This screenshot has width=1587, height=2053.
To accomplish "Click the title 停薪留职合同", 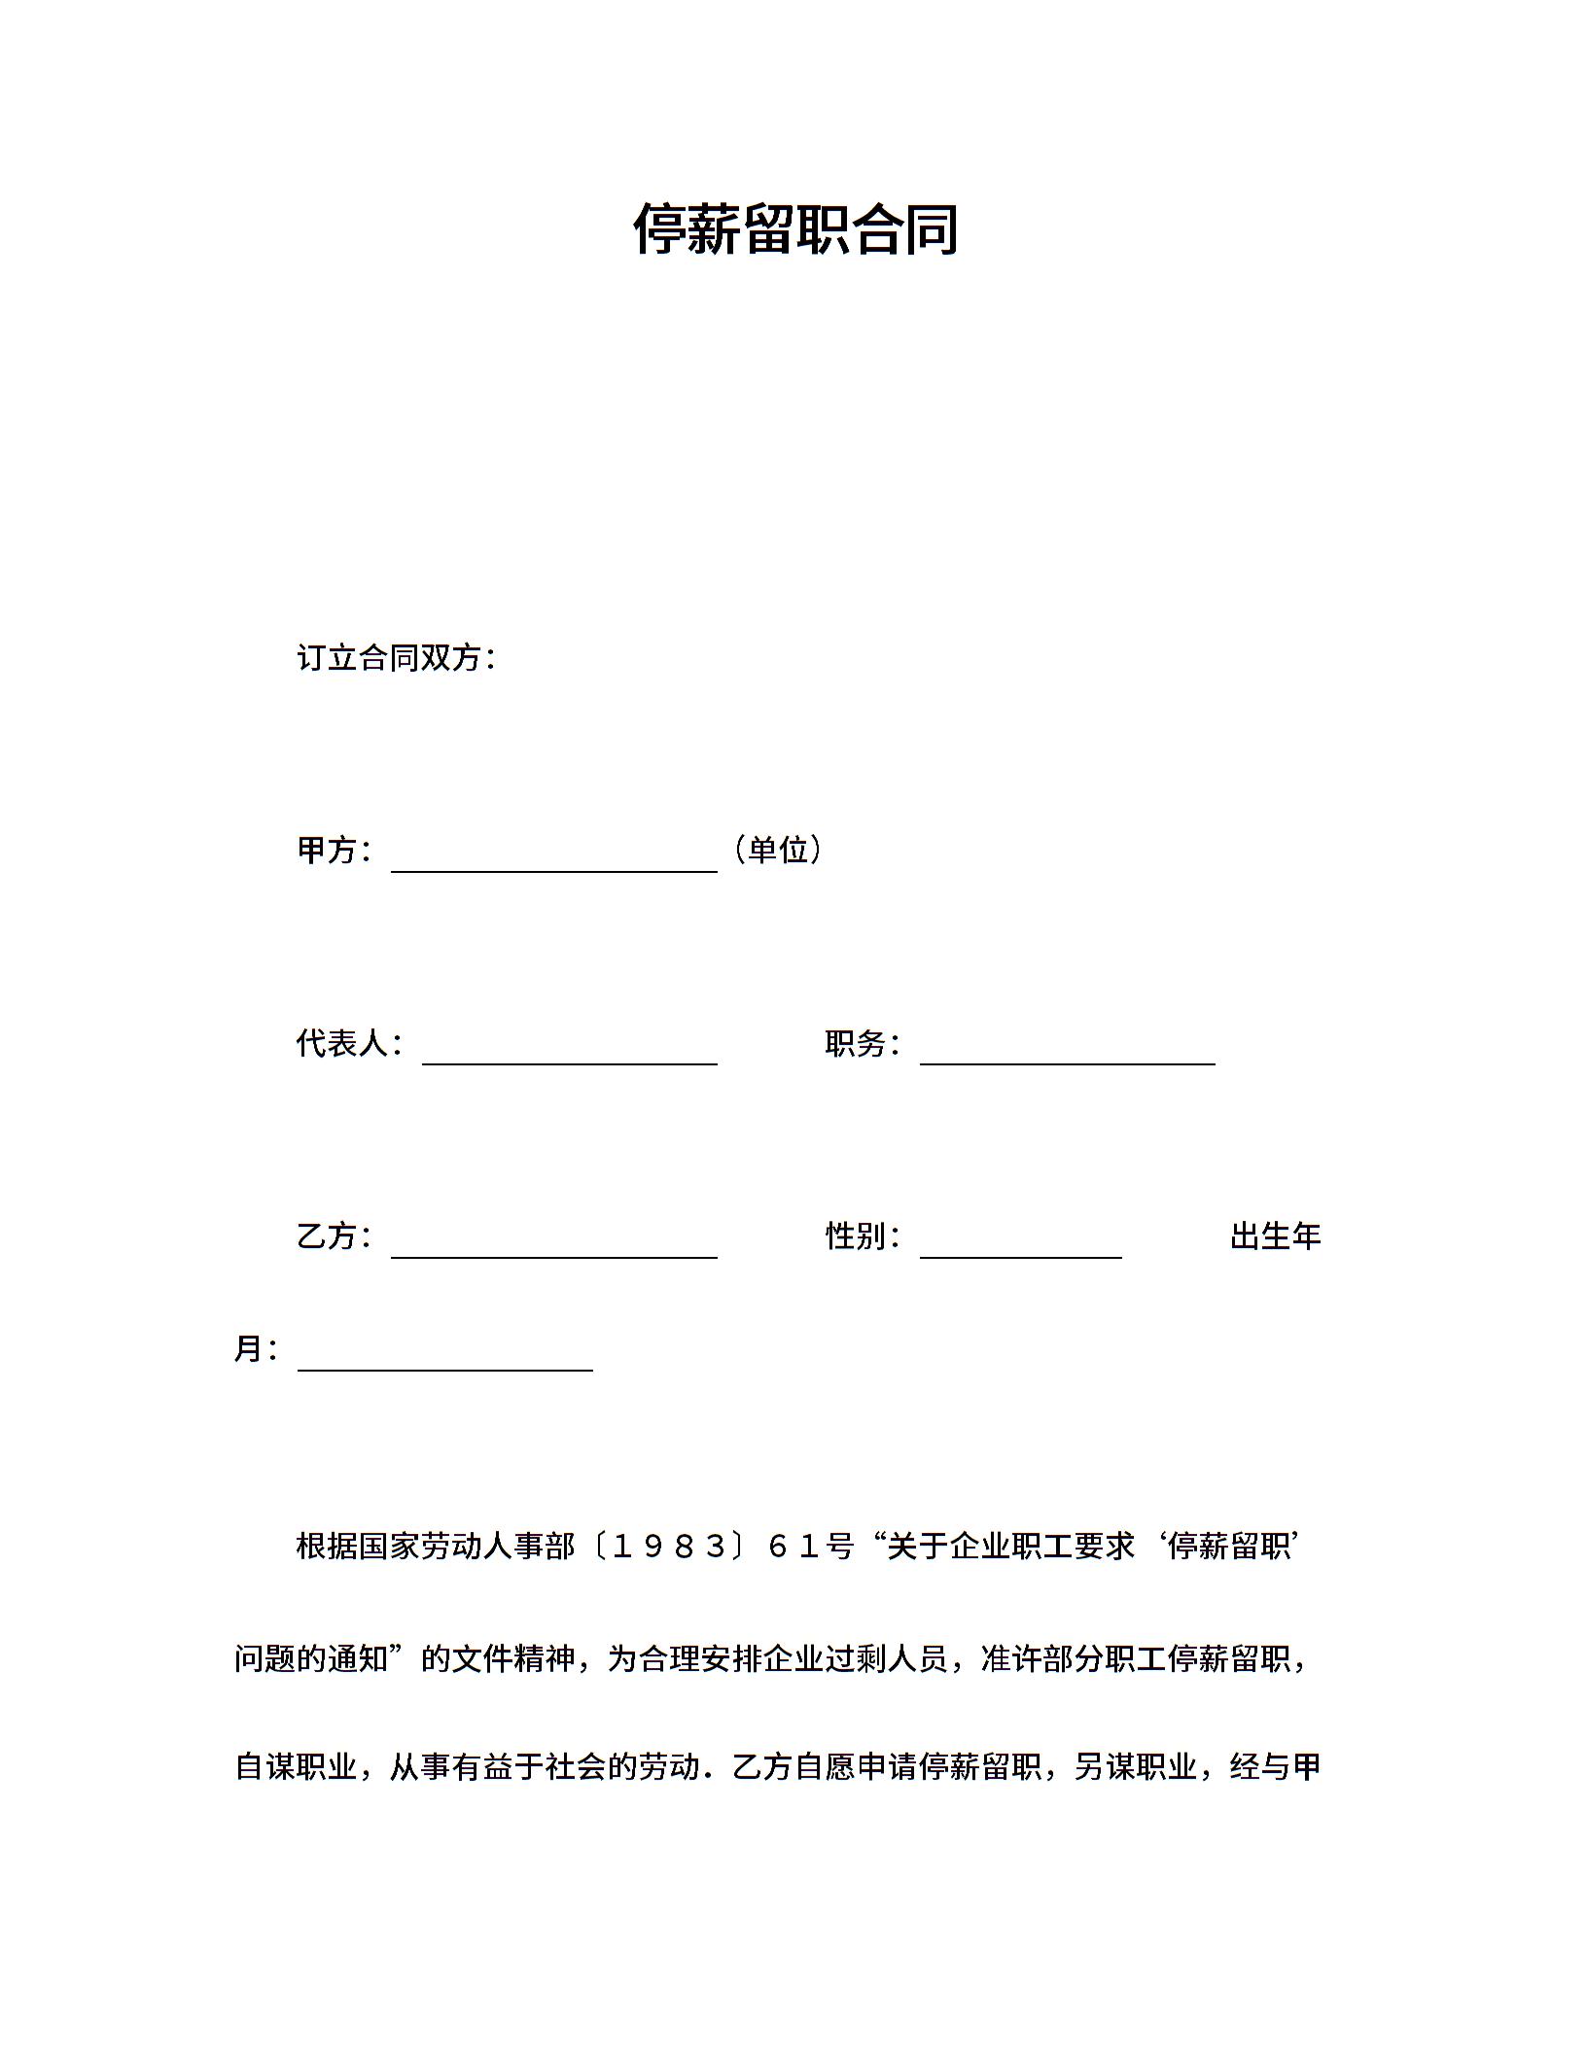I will (795, 230).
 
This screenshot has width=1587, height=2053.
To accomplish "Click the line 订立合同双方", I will (396, 658).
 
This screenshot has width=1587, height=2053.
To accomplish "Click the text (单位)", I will (778, 851).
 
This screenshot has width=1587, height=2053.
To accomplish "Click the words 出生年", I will (1275, 1236).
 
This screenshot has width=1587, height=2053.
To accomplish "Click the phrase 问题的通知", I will (311, 1657).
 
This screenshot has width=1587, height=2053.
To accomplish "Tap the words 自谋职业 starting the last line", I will (297, 1766).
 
